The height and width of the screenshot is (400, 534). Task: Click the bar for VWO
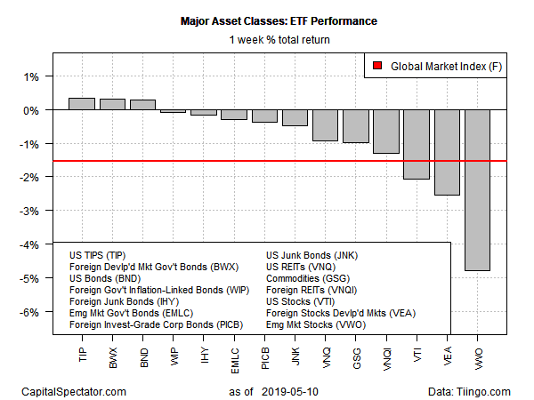point(477,189)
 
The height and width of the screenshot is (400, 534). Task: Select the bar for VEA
point(447,152)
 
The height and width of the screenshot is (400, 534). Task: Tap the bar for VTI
point(417,144)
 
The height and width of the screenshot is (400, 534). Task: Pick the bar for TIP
point(82,104)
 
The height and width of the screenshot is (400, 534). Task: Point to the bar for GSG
point(355,126)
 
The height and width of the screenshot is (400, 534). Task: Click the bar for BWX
point(112,104)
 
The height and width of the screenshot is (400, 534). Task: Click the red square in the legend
point(377,66)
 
